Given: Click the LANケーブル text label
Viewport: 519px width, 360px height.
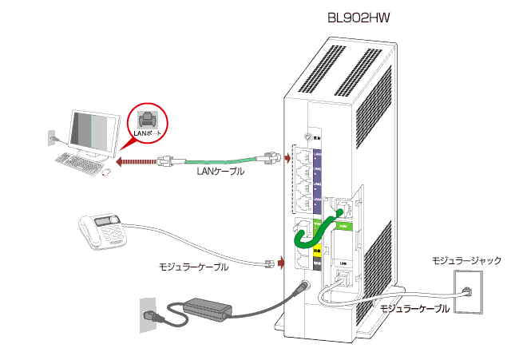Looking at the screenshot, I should (x=220, y=171).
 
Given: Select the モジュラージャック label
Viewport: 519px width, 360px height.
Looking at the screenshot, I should (x=467, y=260).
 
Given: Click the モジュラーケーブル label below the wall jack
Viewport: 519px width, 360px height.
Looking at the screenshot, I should (x=414, y=308).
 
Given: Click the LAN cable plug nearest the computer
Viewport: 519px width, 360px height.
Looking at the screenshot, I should (x=170, y=160).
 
